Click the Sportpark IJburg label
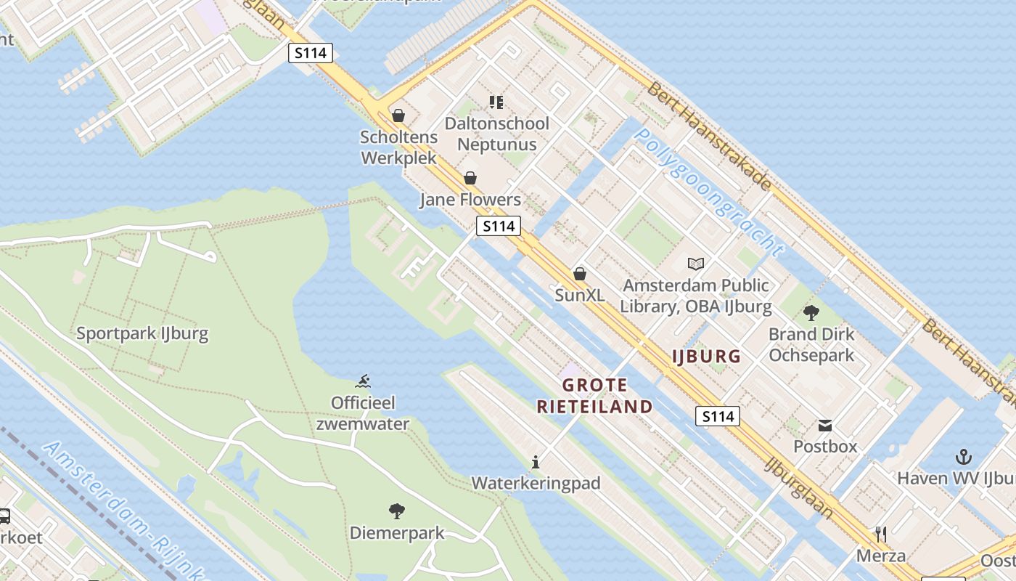[142, 334]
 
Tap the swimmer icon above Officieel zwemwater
[364, 381]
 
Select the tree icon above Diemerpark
[396, 511]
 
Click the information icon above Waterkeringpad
[536, 462]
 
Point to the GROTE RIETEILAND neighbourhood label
[594, 396]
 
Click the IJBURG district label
[706, 357]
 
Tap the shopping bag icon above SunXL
[579, 274]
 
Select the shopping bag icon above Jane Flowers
[470, 178]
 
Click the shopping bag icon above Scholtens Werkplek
[398, 115]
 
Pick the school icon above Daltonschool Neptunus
[496, 102]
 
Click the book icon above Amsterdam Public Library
[696, 264]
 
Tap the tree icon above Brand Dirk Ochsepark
[811, 313]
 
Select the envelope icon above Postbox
[825, 425]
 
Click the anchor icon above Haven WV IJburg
[963, 457]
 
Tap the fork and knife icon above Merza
[881, 535]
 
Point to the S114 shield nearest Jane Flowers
[499, 226]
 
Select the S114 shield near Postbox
[718, 416]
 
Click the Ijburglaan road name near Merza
[798, 487]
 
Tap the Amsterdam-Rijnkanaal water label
[120, 508]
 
